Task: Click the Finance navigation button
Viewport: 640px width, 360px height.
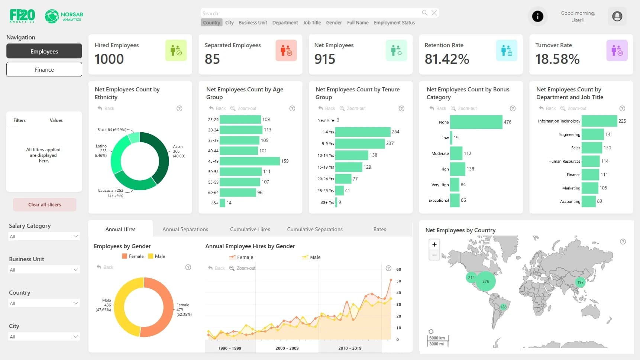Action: tap(44, 69)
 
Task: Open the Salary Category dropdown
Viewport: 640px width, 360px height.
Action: tap(44, 236)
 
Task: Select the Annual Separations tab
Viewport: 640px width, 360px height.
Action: tap(185, 229)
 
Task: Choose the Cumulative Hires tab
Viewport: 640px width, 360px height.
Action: tap(250, 229)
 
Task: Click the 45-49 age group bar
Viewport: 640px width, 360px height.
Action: tap(249, 161)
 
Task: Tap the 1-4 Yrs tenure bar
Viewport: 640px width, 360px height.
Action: tap(362, 132)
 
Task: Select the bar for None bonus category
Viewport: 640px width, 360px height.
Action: tap(476, 122)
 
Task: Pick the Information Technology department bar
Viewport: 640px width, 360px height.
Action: tap(599, 121)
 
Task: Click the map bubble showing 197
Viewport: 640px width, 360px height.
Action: tap(580, 282)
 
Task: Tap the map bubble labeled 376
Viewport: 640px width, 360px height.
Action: tap(486, 281)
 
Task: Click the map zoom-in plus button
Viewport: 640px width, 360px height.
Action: tap(434, 244)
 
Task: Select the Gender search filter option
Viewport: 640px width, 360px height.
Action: tap(334, 23)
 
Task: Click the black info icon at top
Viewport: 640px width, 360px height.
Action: tap(537, 16)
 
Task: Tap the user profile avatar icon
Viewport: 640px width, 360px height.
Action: tap(617, 16)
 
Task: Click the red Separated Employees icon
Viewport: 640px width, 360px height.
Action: tap(286, 51)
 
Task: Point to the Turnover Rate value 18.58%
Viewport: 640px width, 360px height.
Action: tap(557, 59)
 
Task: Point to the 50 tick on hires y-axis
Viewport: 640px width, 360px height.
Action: tap(398, 281)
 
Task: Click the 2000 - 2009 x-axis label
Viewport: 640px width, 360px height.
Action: tap(287, 348)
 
